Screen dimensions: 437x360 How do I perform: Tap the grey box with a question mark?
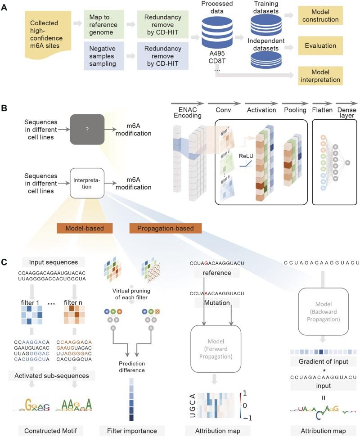pyautogui.click(x=87, y=129)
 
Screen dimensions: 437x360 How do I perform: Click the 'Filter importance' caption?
pyautogui.click(x=134, y=431)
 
